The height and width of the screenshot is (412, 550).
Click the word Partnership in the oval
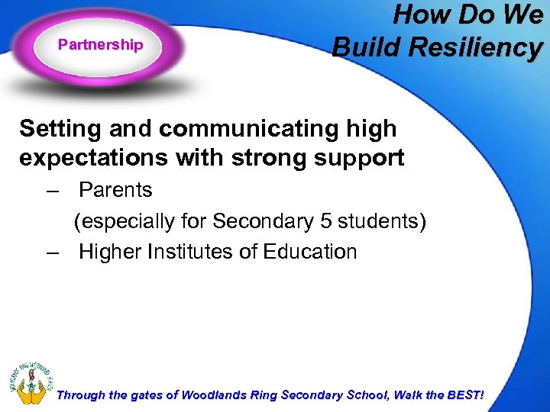(x=100, y=45)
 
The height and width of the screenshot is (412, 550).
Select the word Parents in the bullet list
(x=115, y=190)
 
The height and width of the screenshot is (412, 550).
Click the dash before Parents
(x=52, y=190)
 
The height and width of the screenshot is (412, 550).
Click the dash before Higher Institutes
(x=52, y=252)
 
